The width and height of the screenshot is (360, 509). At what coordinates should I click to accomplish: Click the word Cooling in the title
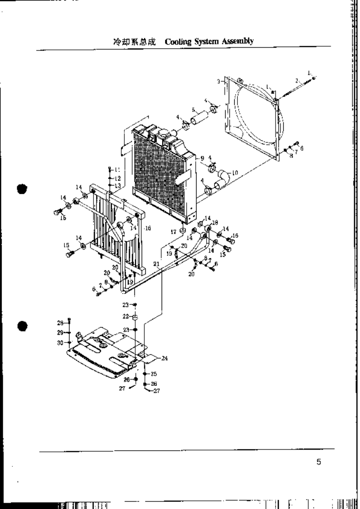pyautogui.click(x=178, y=42)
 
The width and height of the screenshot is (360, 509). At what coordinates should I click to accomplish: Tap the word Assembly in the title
pyautogui.click(x=236, y=42)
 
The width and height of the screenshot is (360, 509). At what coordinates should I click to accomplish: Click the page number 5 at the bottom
pyautogui.click(x=319, y=462)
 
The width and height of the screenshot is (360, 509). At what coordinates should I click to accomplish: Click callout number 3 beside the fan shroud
pyautogui.click(x=218, y=82)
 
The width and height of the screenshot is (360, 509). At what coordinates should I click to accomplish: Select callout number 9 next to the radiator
pyautogui.click(x=202, y=158)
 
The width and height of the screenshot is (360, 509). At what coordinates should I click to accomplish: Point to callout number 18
pyautogui.click(x=216, y=223)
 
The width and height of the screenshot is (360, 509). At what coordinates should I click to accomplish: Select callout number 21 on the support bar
pyautogui.click(x=157, y=264)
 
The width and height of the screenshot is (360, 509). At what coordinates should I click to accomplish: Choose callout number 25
pyautogui.click(x=154, y=374)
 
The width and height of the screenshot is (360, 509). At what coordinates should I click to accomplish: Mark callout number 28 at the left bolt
pyautogui.click(x=59, y=323)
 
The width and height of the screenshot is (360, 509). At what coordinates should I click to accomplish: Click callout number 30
pyautogui.click(x=60, y=343)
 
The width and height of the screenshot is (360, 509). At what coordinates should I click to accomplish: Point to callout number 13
pyautogui.click(x=117, y=186)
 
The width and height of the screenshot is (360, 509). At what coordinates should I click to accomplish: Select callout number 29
pyautogui.click(x=60, y=333)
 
